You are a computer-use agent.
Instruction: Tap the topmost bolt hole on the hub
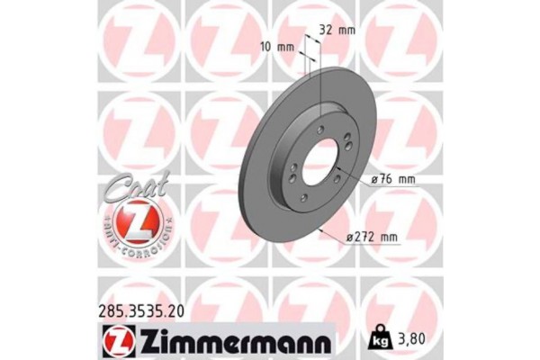pyautogui.click(x=322, y=133)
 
